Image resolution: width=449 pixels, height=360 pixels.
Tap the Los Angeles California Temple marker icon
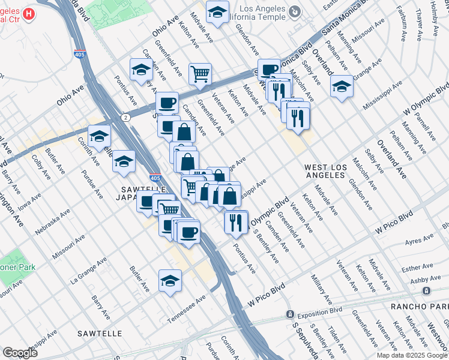(x=295, y=11)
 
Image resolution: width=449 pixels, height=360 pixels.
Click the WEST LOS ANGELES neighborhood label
(x=325, y=171)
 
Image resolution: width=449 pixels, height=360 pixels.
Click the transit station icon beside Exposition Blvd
(x=289, y=314)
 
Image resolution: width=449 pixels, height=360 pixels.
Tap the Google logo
(x=20, y=353)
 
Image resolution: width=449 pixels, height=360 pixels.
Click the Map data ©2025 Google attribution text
(x=412, y=355)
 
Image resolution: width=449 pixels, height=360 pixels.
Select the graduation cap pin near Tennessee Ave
(x=170, y=281)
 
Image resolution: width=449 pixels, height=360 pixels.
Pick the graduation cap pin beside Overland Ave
(x=342, y=86)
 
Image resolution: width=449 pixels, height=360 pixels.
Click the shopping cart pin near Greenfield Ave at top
(x=200, y=74)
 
